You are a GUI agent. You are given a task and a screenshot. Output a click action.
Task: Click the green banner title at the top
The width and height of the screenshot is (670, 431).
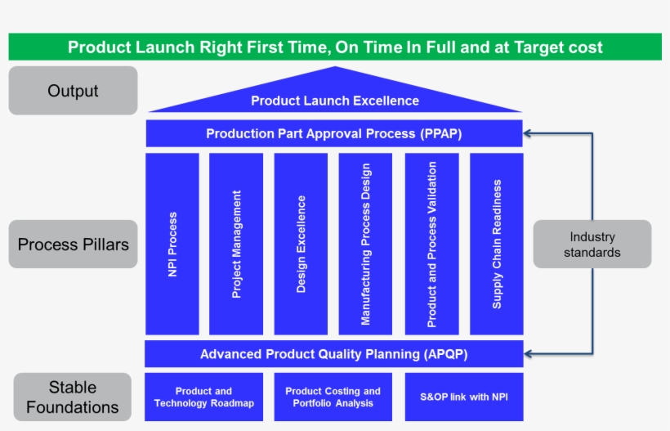[335, 47]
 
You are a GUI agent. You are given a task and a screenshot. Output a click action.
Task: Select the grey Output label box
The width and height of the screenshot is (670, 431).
[73, 91]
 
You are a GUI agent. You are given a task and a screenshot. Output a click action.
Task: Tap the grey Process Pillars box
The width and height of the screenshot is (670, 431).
[73, 244]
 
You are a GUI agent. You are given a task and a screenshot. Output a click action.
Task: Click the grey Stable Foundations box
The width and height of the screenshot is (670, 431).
[73, 397]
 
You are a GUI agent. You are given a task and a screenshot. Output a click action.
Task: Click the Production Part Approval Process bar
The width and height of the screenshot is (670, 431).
[333, 133]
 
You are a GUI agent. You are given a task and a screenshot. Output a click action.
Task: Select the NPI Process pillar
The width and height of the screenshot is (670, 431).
[172, 244]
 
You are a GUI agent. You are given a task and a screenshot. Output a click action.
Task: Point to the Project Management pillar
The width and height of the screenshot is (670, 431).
[236, 244]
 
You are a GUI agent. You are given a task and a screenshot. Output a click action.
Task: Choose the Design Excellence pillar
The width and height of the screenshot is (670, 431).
[301, 244]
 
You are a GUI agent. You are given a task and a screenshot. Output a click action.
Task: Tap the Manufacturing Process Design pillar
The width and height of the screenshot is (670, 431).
[365, 244]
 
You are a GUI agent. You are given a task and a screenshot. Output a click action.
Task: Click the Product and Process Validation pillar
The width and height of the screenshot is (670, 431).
[431, 244]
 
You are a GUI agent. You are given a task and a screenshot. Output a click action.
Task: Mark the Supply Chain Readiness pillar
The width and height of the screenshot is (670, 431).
[496, 244]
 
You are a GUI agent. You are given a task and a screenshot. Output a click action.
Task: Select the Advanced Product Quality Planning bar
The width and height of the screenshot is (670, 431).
[333, 354]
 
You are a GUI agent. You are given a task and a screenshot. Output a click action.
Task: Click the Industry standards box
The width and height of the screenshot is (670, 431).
[592, 244]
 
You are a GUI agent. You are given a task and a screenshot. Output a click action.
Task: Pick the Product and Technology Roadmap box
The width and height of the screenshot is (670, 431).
[204, 397]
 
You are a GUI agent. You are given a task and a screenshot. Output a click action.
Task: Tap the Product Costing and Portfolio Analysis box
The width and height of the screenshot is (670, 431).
[333, 397]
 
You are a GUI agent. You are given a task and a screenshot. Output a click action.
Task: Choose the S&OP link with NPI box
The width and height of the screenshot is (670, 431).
[463, 397]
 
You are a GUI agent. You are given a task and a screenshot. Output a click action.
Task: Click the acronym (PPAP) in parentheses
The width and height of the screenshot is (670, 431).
[442, 133]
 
